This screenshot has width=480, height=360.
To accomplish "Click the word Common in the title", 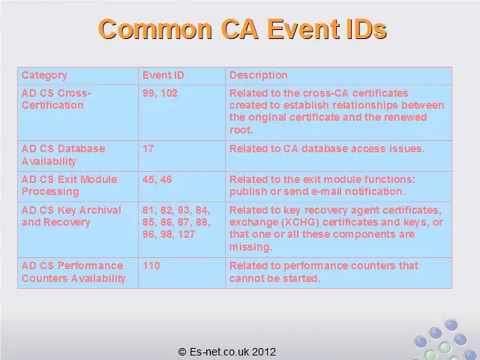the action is (155, 29).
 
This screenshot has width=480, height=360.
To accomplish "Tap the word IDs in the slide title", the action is (367, 29).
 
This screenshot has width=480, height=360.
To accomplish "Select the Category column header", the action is (44, 76).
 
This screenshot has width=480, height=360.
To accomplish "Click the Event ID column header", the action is (163, 75).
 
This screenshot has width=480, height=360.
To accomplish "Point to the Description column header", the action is (258, 76).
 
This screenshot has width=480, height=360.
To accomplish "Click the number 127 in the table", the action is (186, 234).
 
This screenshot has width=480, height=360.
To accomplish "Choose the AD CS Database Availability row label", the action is (63, 155).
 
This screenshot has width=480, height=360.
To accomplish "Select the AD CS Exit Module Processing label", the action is (69, 185).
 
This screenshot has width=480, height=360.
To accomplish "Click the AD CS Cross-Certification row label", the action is (57, 99).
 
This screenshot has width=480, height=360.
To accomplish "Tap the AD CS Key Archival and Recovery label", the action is (71, 216).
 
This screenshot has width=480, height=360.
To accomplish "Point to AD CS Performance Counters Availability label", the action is (73, 271).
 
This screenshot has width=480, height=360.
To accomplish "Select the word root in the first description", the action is (241, 130).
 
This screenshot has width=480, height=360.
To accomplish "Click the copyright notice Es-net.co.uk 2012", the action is (226, 352).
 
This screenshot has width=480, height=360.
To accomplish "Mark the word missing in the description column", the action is (251, 247).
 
